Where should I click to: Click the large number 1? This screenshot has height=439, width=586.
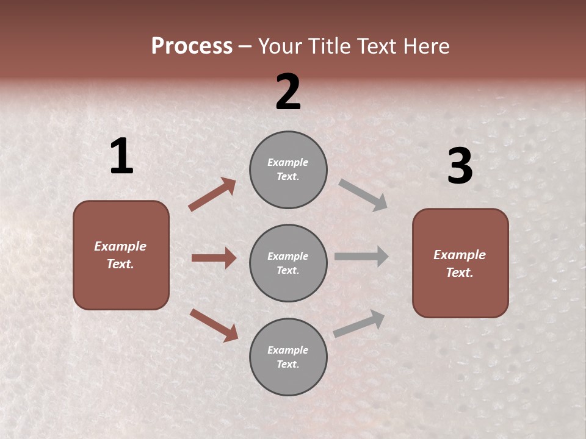[x=121, y=157]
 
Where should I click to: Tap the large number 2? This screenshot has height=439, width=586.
[x=288, y=93]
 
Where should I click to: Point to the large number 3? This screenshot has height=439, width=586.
[x=460, y=166]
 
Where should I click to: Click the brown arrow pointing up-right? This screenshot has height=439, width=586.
[x=212, y=194]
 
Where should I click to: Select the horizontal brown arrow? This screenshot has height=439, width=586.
[x=214, y=258]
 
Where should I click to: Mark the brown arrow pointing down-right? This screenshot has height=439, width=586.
[x=214, y=325]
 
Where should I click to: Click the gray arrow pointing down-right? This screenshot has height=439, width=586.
[x=363, y=195]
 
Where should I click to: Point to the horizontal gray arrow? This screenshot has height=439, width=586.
[x=361, y=256]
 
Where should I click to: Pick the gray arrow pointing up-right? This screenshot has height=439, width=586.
[x=359, y=324]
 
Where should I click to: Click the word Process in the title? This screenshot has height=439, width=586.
[x=192, y=46]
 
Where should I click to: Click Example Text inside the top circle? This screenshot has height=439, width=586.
[x=288, y=170]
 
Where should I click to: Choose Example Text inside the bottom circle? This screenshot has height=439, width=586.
[x=288, y=357]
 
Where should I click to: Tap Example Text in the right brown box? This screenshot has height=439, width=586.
[x=460, y=263]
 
